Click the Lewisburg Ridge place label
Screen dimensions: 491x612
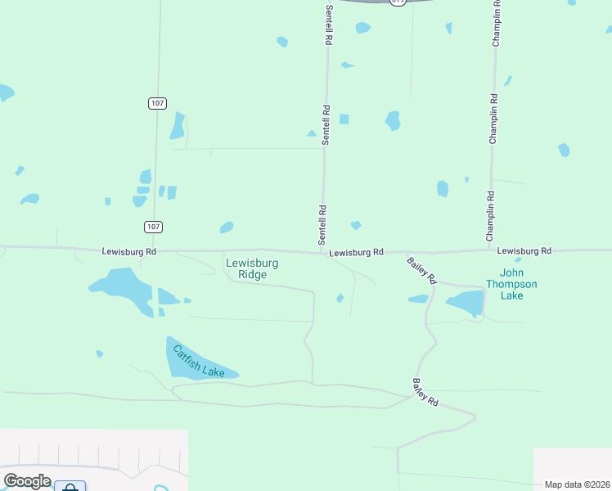pyautogui.click(x=252, y=269)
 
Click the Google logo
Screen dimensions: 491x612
pyautogui.click(x=27, y=480)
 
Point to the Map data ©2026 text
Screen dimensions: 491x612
pyautogui.click(x=578, y=484)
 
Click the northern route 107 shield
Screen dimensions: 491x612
pyautogui.click(x=158, y=103)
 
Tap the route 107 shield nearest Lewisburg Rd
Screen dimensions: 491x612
pyautogui.click(x=153, y=226)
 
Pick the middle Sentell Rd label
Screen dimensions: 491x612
pyautogui.click(x=325, y=125)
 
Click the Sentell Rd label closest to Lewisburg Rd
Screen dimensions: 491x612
pyautogui.click(x=322, y=225)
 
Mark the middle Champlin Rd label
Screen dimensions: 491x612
pyautogui.click(x=493, y=119)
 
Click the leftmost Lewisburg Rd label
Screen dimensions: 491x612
pyautogui.click(x=129, y=251)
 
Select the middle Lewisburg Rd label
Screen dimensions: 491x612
pyautogui.click(x=357, y=254)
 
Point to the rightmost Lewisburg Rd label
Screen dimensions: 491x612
pyautogui.click(x=524, y=250)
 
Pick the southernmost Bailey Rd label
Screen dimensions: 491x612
pyautogui.click(x=425, y=393)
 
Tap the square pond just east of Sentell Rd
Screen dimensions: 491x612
pyautogui.click(x=344, y=119)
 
